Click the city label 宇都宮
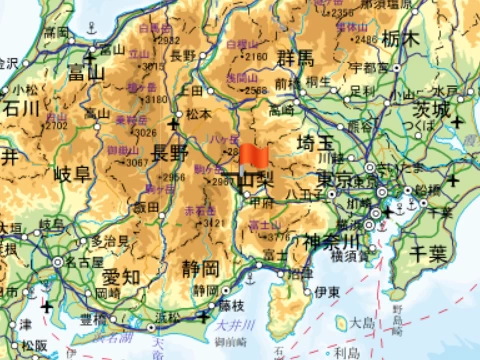coord(370,67)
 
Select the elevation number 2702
coord(55,126)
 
